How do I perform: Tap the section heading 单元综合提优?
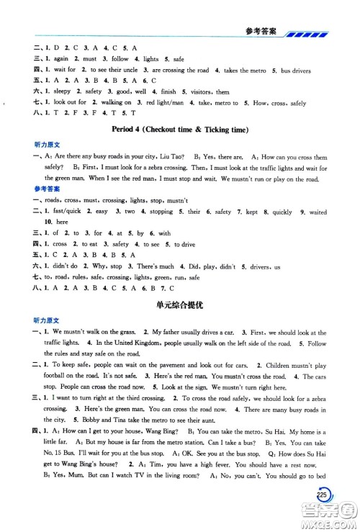pos(180,305)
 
